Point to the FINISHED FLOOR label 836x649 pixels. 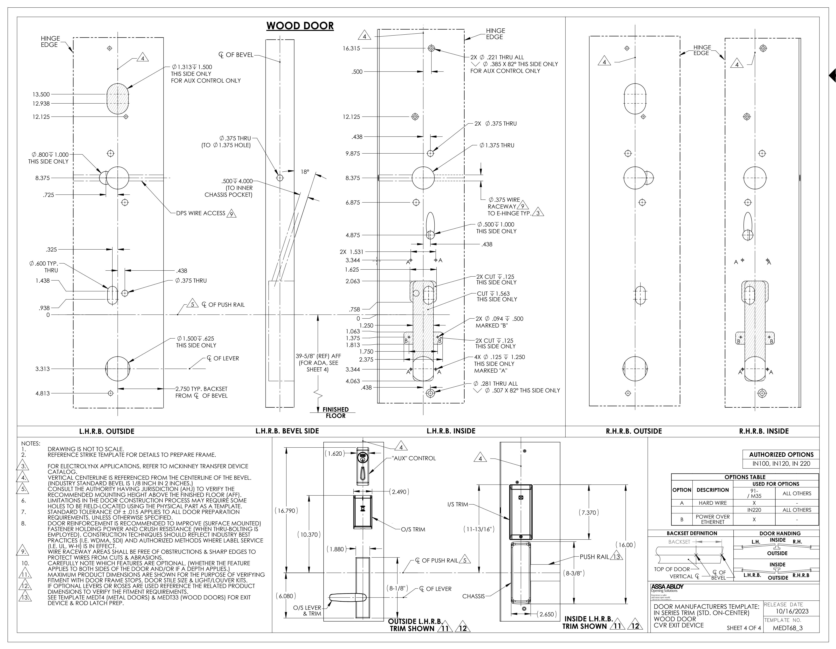pos(336,412)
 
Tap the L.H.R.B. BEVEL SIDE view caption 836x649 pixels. pos(287,431)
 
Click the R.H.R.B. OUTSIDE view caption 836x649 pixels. pos(634,431)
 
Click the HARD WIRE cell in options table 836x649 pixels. pos(713,503)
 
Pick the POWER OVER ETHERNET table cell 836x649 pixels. pos(713,519)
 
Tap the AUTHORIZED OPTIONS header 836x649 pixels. pos(781,455)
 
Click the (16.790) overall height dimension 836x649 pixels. pos(286,510)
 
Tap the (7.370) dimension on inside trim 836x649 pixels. pos(589,512)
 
